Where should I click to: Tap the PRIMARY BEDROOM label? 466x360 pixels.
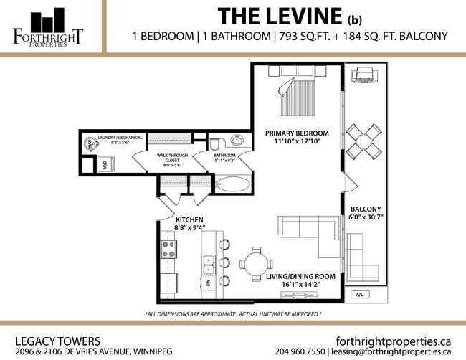coord(297,133)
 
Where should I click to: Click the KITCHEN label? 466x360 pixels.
coord(189,219)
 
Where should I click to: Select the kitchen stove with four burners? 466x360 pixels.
coord(169,249)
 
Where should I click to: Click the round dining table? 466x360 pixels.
coord(257,260)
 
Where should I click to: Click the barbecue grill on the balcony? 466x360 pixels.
coord(366,74)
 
